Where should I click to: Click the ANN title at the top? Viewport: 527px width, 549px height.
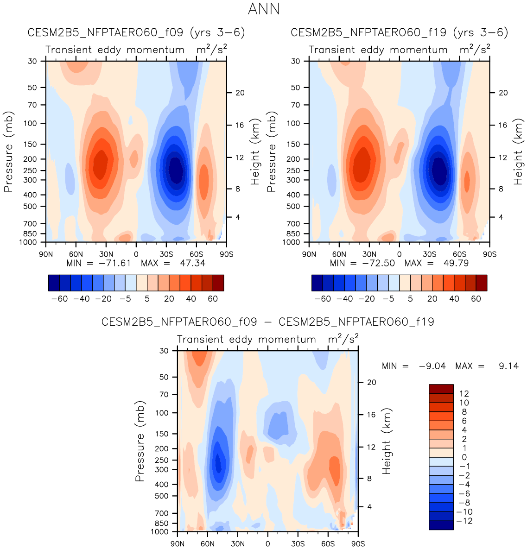(x=264, y=9)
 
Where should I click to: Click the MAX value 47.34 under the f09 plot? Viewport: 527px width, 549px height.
(x=192, y=263)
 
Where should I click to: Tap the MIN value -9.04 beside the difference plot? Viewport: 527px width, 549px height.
(x=432, y=366)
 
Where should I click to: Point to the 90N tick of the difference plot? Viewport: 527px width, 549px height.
(x=178, y=543)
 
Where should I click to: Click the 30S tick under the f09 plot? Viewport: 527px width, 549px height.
(x=166, y=254)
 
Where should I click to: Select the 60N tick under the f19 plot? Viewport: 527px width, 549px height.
(x=339, y=254)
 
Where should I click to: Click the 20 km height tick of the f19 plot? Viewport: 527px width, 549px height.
(x=503, y=93)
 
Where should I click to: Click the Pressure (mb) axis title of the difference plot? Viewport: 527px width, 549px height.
(x=140, y=441)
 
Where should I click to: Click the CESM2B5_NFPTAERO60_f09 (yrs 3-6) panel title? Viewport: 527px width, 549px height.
(x=136, y=33)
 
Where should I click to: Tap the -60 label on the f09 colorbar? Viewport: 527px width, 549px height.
(x=59, y=299)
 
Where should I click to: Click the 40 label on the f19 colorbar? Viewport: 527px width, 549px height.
(x=454, y=299)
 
